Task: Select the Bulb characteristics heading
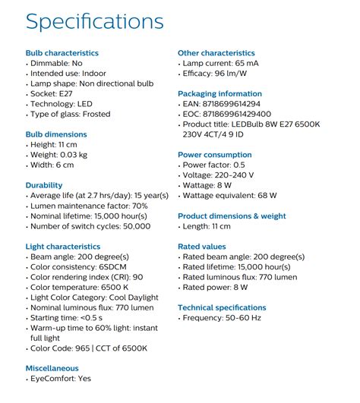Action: click(62, 53)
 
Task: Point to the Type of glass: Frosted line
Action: click(70, 115)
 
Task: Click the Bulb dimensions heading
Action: click(56, 134)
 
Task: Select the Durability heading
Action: click(44, 185)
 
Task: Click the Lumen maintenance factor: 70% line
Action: click(89, 206)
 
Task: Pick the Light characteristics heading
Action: click(63, 247)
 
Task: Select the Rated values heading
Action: click(201, 247)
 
